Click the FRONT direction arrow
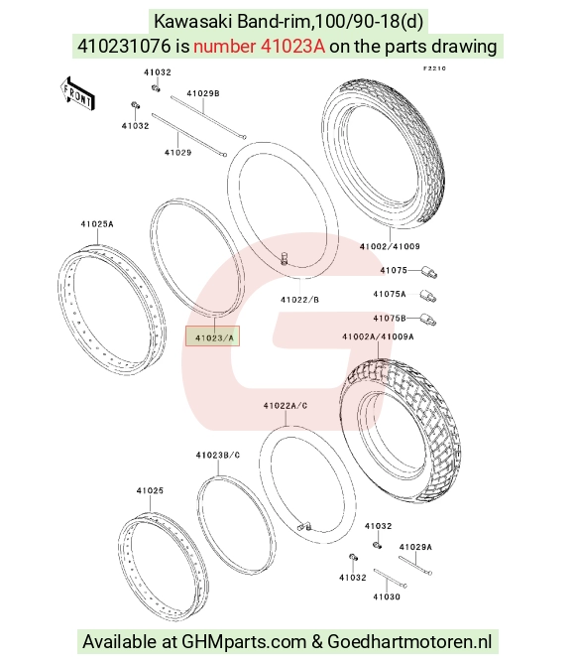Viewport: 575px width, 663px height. click(76, 94)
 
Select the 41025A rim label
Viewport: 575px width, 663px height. click(97, 224)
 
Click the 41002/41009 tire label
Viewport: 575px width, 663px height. click(390, 246)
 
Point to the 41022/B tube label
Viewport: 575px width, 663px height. click(299, 300)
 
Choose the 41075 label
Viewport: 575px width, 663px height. click(394, 270)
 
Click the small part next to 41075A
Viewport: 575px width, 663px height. click(428, 296)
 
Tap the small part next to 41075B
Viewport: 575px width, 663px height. click(428, 320)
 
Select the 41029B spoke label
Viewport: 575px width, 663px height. click(203, 93)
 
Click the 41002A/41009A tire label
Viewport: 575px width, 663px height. click(378, 336)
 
